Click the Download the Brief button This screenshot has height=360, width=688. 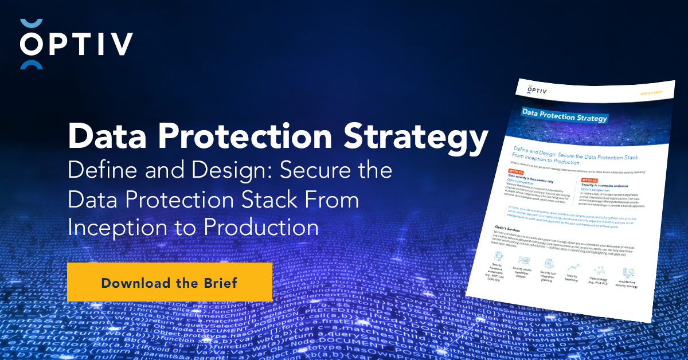pyautogui.click(x=169, y=282)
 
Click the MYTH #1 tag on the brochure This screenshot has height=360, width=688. pyautogui.click(x=515, y=171)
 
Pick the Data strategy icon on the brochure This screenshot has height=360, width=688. pyautogui.click(x=600, y=269)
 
